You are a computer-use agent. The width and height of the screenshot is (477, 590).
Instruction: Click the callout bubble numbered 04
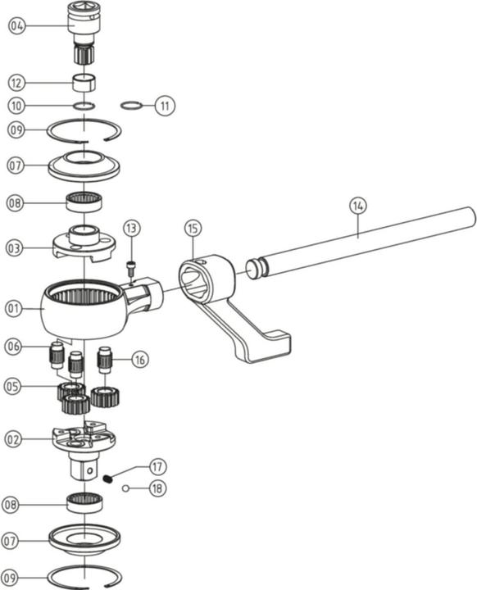tap(17, 26)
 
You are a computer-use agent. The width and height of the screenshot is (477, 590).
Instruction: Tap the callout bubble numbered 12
tap(17, 83)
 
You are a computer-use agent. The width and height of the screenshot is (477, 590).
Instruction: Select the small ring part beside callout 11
tap(131, 105)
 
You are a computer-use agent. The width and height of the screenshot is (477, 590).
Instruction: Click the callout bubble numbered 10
tap(17, 106)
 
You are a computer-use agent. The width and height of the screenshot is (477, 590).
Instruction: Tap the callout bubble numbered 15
tap(193, 227)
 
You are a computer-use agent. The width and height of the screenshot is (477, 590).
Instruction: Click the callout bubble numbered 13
tap(132, 227)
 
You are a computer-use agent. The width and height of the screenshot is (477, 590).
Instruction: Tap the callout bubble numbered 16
tap(140, 358)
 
